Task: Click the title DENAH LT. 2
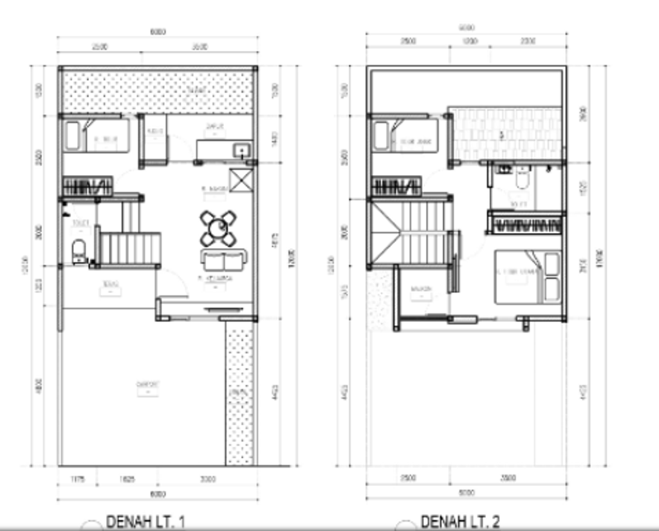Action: [x=460, y=521]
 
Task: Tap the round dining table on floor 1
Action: [x=219, y=227]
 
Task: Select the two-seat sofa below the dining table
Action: [x=223, y=260]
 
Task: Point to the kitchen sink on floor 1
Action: [x=243, y=150]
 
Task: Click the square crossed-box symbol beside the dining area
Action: [x=241, y=179]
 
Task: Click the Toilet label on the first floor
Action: [x=80, y=223]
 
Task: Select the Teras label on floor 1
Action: [x=110, y=283]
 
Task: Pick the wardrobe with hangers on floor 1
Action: [x=87, y=187]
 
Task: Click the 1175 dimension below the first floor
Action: [x=77, y=479]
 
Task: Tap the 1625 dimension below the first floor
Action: [x=126, y=479]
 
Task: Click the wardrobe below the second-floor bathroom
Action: [x=527, y=225]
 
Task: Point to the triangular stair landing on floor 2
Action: [x=385, y=232]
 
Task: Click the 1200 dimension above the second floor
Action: [x=470, y=41]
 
